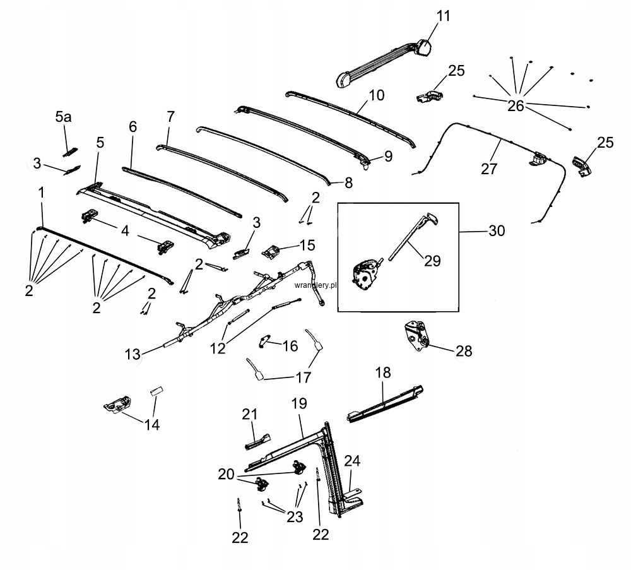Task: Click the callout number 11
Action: click(x=444, y=16)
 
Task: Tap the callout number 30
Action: click(x=497, y=231)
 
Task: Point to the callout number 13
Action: click(x=133, y=355)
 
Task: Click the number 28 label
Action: click(x=464, y=351)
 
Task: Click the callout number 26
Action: click(x=516, y=105)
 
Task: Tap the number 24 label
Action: click(x=352, y=461)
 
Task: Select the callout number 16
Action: click(x=290, y=346)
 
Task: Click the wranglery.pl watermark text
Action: click(x=314, y=285)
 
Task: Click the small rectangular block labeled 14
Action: click(x=156, y=389)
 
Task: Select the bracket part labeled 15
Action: click(x=272, y=251)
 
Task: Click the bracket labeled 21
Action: click(x=257, y=439)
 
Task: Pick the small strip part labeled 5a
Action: click(x=69, y=152)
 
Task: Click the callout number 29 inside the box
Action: click(x=432, y=260)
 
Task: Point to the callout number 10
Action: click(x=376, y=96)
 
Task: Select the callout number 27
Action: click(x=489, y=169)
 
